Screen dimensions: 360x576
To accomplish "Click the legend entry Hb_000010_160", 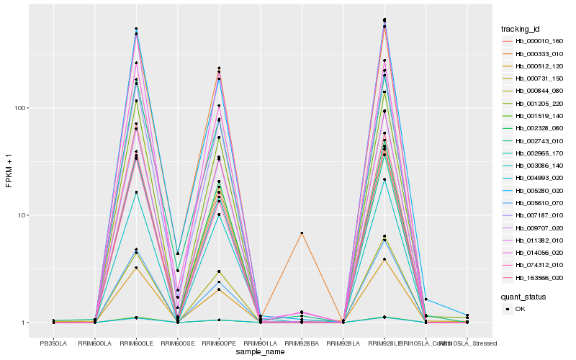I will tap(534, 42).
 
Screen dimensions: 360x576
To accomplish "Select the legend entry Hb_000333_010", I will tap(534, 54).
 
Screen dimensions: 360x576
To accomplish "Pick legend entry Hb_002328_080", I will tap(534, 128).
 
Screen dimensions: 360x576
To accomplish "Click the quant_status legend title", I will tap(523, 296).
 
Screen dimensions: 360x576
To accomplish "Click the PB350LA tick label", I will tap(53, 343).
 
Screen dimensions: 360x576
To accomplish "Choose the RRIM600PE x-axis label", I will tap(219, 343).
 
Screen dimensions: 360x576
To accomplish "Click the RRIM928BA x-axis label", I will tap(302, 343).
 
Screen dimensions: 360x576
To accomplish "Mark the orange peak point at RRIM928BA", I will tap(302, 233).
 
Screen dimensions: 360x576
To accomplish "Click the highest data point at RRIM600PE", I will tap(219, 68).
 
